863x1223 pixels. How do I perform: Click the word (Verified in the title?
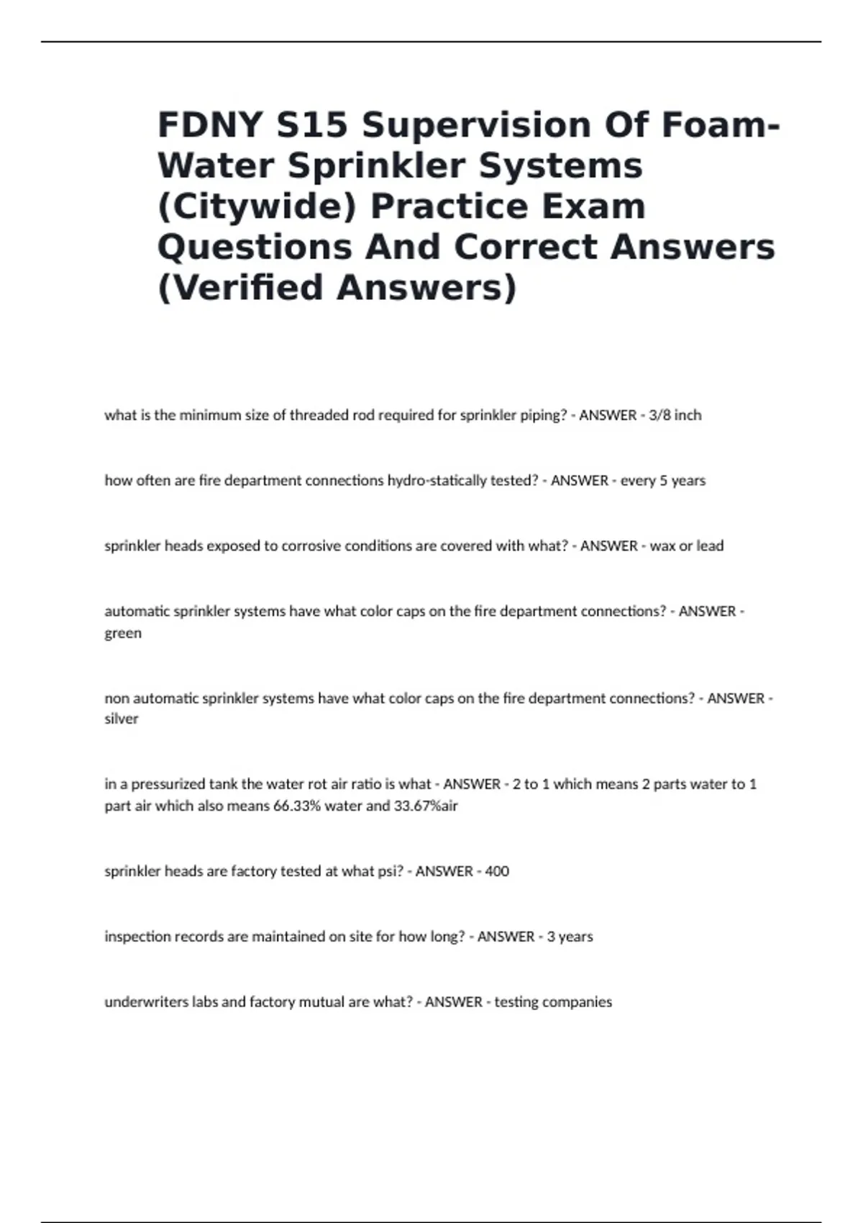point(241,288)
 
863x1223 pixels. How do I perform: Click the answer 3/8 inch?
point(675,415)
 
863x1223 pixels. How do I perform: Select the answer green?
point(123,634)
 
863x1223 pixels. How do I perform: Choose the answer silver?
point(122,719)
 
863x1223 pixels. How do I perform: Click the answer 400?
point(497,871)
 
